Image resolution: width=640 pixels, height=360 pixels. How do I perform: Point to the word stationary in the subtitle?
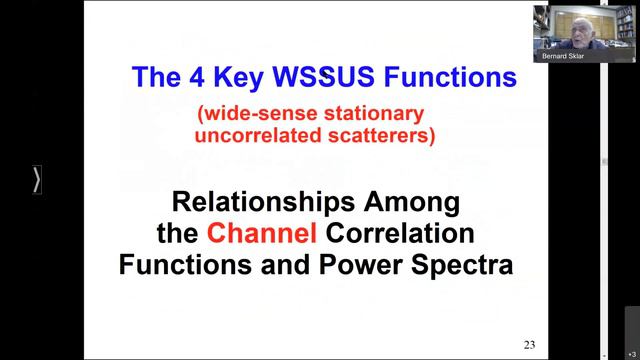click(x=376, y=113)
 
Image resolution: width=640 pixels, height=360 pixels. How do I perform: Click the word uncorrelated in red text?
click(x=245, y=134)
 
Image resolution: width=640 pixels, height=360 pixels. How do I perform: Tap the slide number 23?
click(x=529, y=345)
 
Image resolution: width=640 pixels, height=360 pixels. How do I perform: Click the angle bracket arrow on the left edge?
click(x=37, y=180)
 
